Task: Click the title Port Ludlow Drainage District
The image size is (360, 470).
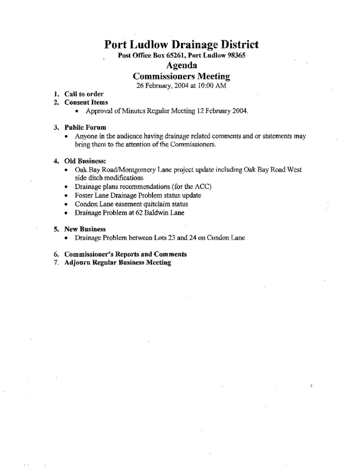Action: [x=181, y=45]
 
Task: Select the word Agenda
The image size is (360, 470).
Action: [x=181, y=66]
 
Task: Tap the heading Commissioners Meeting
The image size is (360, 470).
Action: [x=181, y=76]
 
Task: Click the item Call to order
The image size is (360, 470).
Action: [x=84, y=94]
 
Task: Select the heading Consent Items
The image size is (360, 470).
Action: [x=86, y=102]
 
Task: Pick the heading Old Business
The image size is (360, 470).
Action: [x=85, y=161]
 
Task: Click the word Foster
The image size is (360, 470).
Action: [x=84, y=195]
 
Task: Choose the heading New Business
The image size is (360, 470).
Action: [x=85, y=229]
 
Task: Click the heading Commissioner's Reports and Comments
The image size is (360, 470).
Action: [x=126, y=254]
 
